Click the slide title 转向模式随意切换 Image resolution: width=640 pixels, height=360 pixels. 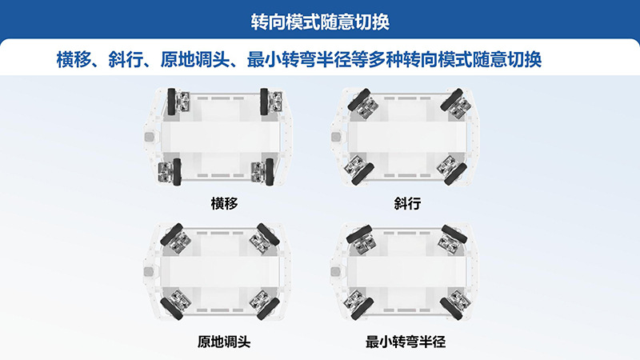click(320, 22)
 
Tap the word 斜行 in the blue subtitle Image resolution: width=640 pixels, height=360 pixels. click(126, 59)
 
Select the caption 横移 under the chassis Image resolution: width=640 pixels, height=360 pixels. click(224, 203)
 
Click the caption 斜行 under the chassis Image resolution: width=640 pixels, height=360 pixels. click(407, 203)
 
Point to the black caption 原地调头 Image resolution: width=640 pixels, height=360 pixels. click(224, 342)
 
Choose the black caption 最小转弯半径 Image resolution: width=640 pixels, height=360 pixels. click(406, 342)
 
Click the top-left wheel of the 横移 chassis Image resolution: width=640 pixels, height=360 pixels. click(171, 102)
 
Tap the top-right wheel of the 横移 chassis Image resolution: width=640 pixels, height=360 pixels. click(264, 102)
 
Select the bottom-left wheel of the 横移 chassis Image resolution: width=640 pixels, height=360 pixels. click(177, 172)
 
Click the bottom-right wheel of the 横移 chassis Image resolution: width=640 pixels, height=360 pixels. click(270, 172)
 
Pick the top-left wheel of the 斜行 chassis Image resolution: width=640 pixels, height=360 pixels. click(358, 98)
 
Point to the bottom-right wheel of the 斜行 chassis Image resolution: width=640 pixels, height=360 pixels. click(455, 174)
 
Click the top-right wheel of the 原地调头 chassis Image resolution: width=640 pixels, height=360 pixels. click(268, 234)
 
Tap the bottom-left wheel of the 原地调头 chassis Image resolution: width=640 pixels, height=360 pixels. click(171, 309)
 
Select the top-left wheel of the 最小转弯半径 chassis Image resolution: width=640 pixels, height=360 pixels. click(358, 234)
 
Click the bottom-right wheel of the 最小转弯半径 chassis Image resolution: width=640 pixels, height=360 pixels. click(451, 309)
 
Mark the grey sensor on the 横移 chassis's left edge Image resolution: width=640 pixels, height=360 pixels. click(150, 137)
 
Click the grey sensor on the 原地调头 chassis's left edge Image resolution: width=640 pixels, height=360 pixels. click(150, 271)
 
